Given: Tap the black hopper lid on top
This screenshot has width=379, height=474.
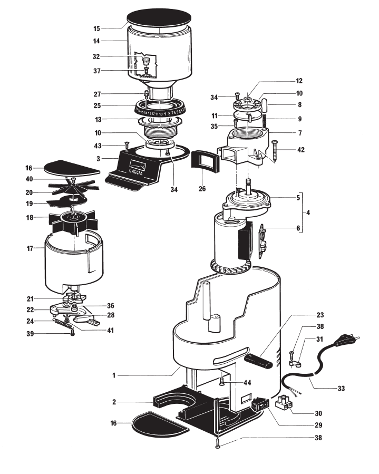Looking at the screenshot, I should (x=158, y=17).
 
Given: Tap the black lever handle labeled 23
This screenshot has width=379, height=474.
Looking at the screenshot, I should (x=260, y=362).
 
